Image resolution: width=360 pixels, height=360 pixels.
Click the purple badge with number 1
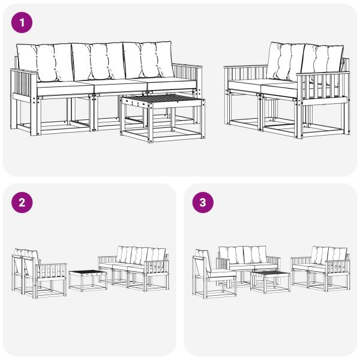pyautogui.click(x=23, y=23)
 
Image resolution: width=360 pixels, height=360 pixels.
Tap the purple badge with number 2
pyautogui.click(x=23, y=202)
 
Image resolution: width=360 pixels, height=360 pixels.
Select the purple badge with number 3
pyautogui.click(x=203, y=202)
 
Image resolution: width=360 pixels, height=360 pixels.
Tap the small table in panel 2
pyautogui.click(x=88, y=279)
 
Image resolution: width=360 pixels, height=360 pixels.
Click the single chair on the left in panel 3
pyautogui.click(x=211, y=275)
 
